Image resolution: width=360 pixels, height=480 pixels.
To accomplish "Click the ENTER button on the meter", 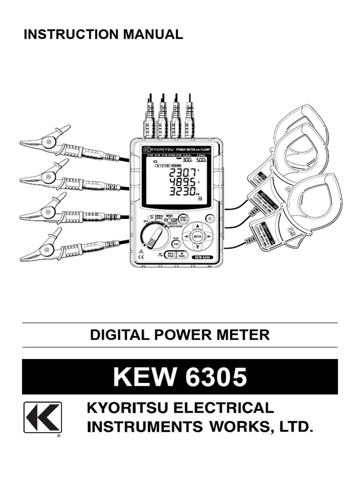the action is click(x=197, y=236).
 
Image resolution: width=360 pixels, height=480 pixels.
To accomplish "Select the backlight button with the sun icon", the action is click(x=210, y=218).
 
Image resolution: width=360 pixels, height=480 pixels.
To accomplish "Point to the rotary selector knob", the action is click(x=154, y=236).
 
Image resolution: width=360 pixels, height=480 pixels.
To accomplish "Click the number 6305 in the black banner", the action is click(x=217, y=377).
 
